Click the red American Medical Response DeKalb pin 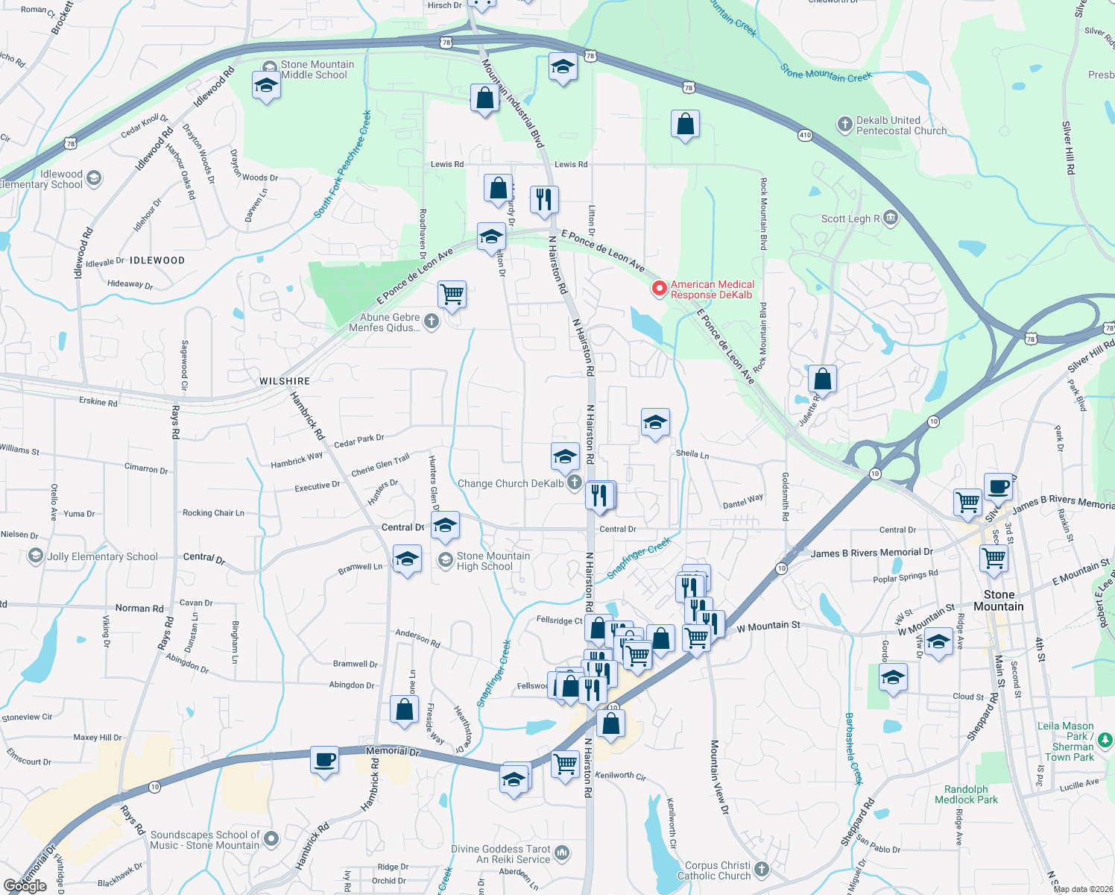[659, 289]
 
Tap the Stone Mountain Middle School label [317, 69]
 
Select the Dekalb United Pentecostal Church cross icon [844, 125]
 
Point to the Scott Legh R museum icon [890, 218]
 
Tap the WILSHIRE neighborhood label [285, 381]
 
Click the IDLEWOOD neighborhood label [157, 260]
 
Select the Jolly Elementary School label [102, 556]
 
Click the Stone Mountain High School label [493, 561]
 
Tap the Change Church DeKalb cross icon [574, 483]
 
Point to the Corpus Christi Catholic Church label [714, 870]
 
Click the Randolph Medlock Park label [966, 794]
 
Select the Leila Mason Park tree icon [1105, 740]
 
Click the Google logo [25, 885]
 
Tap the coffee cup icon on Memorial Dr [324, 760]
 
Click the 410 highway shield [805, 135]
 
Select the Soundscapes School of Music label [205, 840]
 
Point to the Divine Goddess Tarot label [502, 854]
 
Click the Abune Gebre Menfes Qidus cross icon [431, 321]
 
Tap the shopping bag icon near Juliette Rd [822, 379]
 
